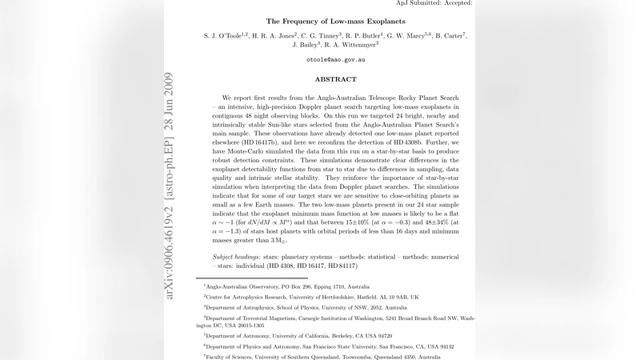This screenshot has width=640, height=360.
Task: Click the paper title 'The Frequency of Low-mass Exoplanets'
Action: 334,21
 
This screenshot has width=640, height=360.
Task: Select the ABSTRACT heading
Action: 334,79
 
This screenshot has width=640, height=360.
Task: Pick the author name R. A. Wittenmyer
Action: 346,46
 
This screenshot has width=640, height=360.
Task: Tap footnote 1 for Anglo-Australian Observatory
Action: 286,286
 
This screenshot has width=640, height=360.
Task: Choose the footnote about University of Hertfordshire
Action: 311,296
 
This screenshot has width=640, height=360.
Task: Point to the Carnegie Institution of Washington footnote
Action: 336,322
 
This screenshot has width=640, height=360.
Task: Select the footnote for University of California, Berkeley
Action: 298,336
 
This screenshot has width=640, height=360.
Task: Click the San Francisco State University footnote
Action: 329,346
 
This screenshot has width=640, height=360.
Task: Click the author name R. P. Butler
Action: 365,37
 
